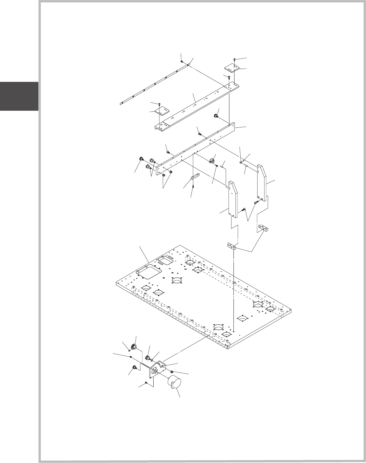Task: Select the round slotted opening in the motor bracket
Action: pos(155,371)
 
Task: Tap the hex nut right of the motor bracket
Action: pos(172,370)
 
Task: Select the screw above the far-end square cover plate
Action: pos(235,60)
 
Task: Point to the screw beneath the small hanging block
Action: pos(193,186)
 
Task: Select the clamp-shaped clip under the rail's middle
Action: pos(213,159)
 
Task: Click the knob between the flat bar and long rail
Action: pos(215,116)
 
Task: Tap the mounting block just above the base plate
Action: pos(230,246)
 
